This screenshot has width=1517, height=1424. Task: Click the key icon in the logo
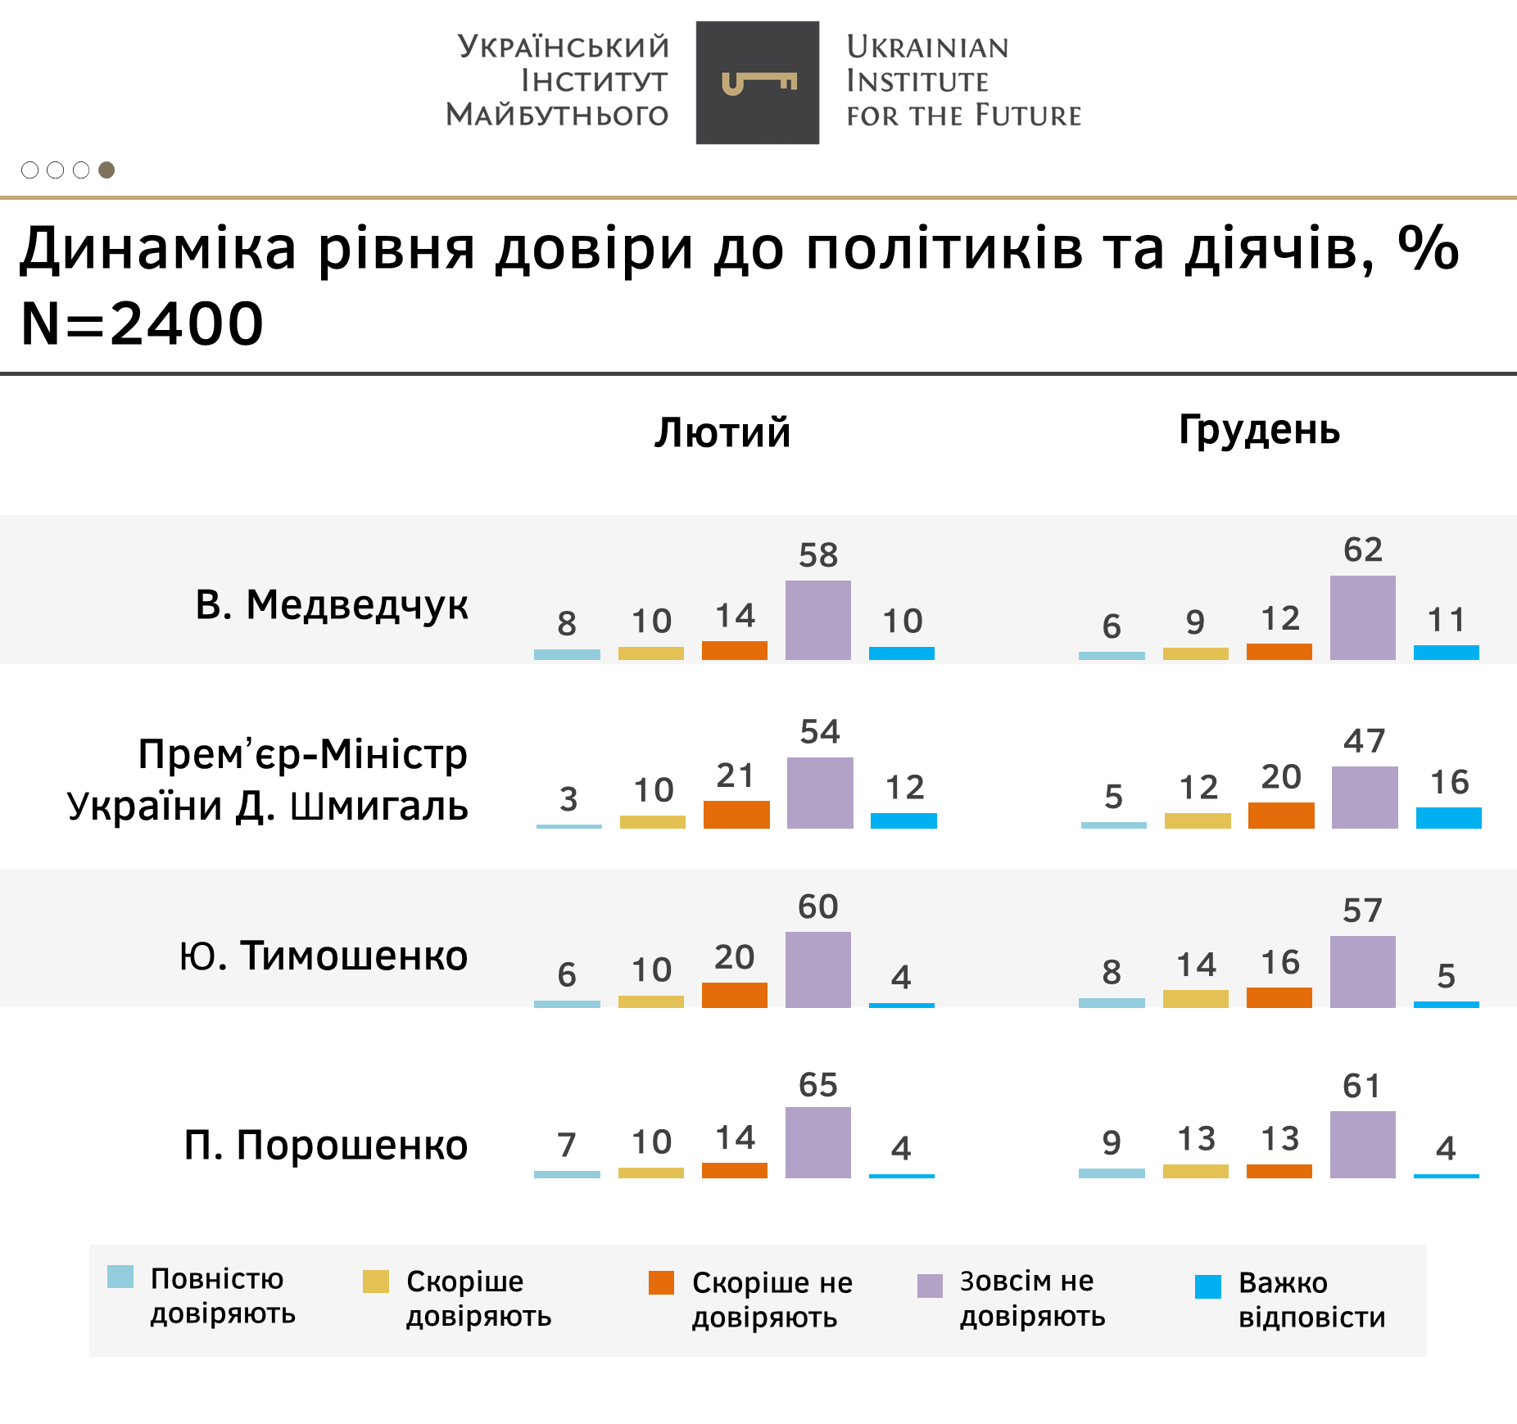[x=758, y=83]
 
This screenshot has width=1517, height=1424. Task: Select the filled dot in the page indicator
[x=106, y=170]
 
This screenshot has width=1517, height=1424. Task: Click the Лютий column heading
[x=722, y=432]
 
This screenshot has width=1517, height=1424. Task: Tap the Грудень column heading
[x=1259, y=430]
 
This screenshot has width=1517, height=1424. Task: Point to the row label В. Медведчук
[x=332, y=604]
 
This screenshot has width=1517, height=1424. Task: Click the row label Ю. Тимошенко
[x=324, y=955]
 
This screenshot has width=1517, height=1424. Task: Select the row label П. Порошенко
[x=326, y=1144]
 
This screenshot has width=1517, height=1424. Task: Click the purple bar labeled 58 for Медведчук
[x=817, y=620]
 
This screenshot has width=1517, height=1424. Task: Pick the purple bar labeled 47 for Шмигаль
[x=1364, y=797]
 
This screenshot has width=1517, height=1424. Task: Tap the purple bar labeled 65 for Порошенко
[x=817, y=1142]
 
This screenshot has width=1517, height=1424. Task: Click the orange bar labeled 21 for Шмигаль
[x=736, y=814]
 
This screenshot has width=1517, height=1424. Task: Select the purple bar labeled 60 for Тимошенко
[x=817, y=970]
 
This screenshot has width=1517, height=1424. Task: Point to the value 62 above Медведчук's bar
[x=1363, y=549]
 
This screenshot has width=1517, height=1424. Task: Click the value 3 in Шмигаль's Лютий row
[x=568, y=798]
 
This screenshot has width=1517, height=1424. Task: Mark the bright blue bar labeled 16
[x=1448, y=817]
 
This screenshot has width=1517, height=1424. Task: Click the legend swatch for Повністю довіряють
[x=120, y=1277]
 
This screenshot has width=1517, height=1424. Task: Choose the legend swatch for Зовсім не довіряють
[x=930, y=1286]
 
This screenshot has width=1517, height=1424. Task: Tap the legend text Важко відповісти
[x=1311, y=1300]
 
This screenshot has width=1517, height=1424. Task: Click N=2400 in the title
[x=142, y=323]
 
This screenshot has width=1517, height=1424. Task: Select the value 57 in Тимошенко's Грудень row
[x=1362, y=911]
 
